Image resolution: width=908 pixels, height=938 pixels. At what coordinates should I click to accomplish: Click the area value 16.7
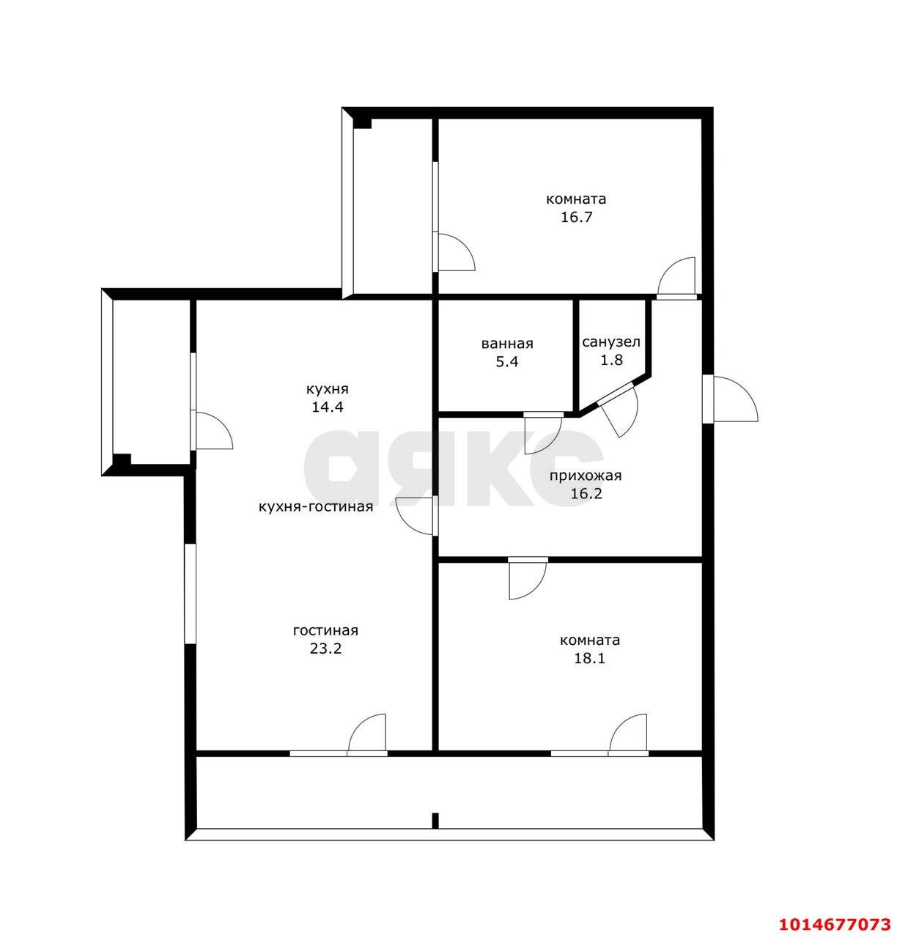(x=576, y=217)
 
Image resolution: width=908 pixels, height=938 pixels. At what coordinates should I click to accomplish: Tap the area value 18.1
(x=589, y=658)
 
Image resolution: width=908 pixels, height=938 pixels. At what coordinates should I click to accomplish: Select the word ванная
(x=507, y=344)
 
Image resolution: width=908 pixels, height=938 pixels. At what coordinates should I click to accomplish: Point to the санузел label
(x=611, y=342)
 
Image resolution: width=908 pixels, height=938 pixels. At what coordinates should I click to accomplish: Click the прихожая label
(x=586, y=476)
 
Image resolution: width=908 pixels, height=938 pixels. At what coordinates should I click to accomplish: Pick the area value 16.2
(x=586, y=494)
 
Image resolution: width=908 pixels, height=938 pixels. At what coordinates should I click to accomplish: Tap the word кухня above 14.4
(x=328, y=389)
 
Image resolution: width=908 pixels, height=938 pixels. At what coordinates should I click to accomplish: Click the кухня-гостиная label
(x=316, y=506)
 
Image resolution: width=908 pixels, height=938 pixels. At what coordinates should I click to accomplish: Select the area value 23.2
(x=326, y=649)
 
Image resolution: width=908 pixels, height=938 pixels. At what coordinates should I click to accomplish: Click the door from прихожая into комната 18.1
(x=528, y=578)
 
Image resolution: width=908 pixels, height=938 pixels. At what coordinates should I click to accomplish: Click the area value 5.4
(x=507, y=361)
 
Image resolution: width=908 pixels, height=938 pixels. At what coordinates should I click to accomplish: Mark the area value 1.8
(x=612, y=360)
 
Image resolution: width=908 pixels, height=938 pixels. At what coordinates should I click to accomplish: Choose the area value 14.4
(x=328, y=407)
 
